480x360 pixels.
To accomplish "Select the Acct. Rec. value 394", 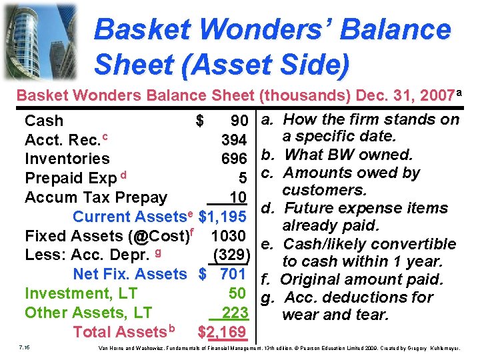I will (235, 140).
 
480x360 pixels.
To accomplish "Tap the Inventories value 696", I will (235, 159).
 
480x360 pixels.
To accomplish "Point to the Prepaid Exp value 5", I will (243, 178).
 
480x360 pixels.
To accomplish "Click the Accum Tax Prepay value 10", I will (239, 197).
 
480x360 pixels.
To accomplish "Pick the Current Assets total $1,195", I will (224, 217).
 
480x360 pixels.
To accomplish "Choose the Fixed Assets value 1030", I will (229, 236).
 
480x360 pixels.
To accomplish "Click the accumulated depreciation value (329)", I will (231, 255).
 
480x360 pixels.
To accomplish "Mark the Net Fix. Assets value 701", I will (233, 274).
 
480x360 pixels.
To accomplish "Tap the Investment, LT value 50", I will (238, 293).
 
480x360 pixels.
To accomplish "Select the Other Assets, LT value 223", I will (235, 313).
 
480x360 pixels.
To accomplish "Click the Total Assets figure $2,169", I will (223, 332).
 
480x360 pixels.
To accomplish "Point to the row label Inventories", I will (67, 159).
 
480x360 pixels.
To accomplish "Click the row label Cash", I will (44, 121).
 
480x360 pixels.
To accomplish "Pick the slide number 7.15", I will (25, 347).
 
